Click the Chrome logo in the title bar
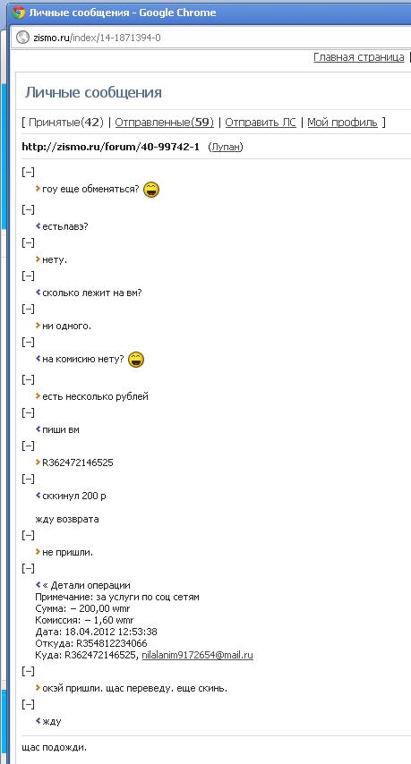tap(19, 13)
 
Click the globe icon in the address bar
tap(22, 38)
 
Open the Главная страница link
tap(359, 57)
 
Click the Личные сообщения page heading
tap(94, 92)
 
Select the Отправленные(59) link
tap(164, 123)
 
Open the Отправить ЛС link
tap(261, 123)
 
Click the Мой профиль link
tap(342, 123)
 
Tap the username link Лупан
tap(226, 147)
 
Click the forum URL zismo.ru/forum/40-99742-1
tap(111, 147)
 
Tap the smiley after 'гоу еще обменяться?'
tap(151, 189)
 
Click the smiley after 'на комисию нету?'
tap(136, 360)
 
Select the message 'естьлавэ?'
tap(64, 226)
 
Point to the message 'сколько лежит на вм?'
tap(92, 293)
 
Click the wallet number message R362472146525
tap(78, 463)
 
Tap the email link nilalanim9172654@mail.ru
tap(198, 656)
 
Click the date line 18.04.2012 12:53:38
tap(96, 632)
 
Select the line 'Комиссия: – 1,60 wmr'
tap(84, 620)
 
